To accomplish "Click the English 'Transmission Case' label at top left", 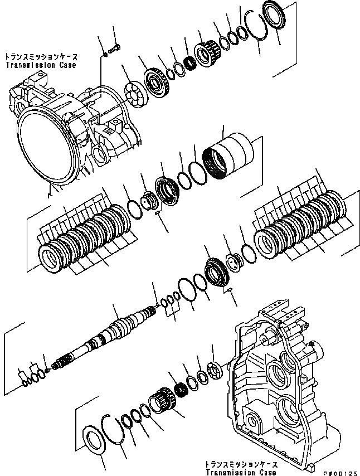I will (x=40, y=65).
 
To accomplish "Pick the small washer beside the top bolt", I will (x=105, y=54).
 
